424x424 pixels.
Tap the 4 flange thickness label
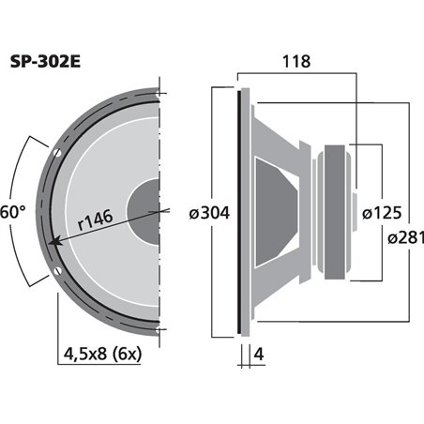click(x=255, y=355)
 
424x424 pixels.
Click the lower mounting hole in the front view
click(x=58, y=273)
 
